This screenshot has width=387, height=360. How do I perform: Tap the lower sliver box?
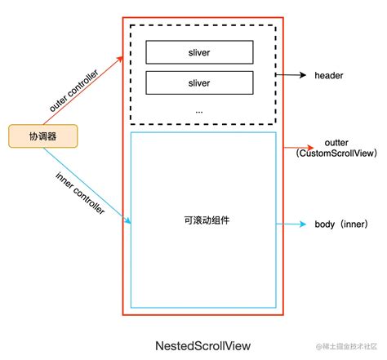pyautogui.click(x=198, y=82)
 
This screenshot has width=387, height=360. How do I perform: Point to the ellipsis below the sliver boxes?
pyautogui.click(x=198, y=109)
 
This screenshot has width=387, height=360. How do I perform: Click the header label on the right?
pyautogui.click(x=329, y=75)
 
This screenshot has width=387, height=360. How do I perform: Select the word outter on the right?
pyautogui.click(x=336, y=142)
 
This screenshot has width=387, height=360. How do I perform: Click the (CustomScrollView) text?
pyautogui.click(x=336, y=153)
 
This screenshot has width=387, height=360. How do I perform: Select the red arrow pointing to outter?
pyautogui.click(x=296, y=149)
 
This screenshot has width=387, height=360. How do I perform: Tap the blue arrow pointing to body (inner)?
pyautogui.click(x=294, y=223)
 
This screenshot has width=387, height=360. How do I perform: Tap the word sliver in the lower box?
pyautogui.click(x=198, y=82)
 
